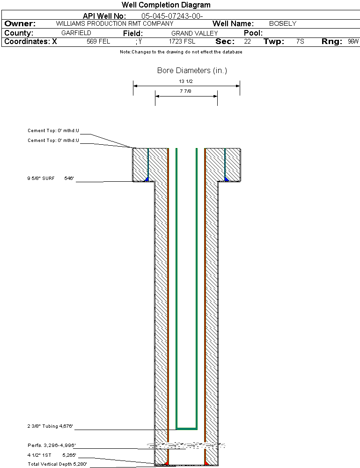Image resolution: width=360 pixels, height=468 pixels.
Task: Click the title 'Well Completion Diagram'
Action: point(166,5)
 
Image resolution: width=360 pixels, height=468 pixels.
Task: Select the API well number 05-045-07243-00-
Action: point(172,16)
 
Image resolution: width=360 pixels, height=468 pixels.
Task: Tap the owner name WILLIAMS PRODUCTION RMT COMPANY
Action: point(114,23)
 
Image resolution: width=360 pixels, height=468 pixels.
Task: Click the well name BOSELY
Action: point(282,23)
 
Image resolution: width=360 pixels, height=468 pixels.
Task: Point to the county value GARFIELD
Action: point(76,33)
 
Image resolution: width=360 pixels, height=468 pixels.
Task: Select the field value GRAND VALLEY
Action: point(194,33)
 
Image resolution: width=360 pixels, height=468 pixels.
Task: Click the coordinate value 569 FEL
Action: point(98,42)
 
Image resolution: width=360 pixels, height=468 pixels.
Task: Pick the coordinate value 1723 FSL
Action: point(182,42)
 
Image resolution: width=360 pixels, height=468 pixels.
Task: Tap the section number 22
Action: point(247,42)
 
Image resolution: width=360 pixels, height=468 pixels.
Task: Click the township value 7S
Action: point(300,42)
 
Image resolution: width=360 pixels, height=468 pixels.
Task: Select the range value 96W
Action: point(353,42)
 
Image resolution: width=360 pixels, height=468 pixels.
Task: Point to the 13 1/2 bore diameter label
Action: point(186,81)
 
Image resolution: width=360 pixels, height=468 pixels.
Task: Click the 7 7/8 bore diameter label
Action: point(186,91)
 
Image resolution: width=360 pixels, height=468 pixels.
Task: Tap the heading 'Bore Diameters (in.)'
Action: point(192,71)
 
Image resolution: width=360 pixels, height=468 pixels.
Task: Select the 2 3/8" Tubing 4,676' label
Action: point(51,426)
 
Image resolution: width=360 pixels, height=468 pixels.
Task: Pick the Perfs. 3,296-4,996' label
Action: point(51,445)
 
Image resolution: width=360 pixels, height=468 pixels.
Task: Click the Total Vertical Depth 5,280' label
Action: point(57,464)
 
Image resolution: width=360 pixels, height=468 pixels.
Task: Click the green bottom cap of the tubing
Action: point(186,428)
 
